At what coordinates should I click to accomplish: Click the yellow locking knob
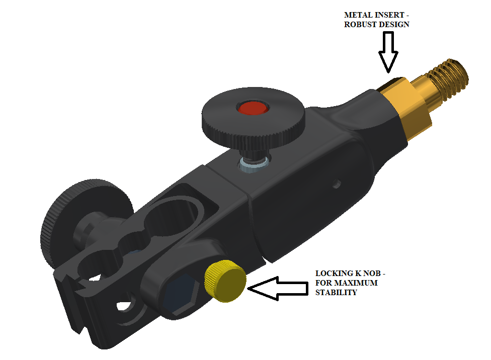[225, 281]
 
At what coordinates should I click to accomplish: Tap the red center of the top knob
[253, 108]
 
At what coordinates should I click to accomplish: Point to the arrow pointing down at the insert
[388, 52]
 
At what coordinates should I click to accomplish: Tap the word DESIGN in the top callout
[393, 25]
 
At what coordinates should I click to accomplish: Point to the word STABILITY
[336, 293]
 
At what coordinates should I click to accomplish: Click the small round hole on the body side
[337, 183]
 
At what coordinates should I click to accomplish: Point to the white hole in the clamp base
[124, 306]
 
